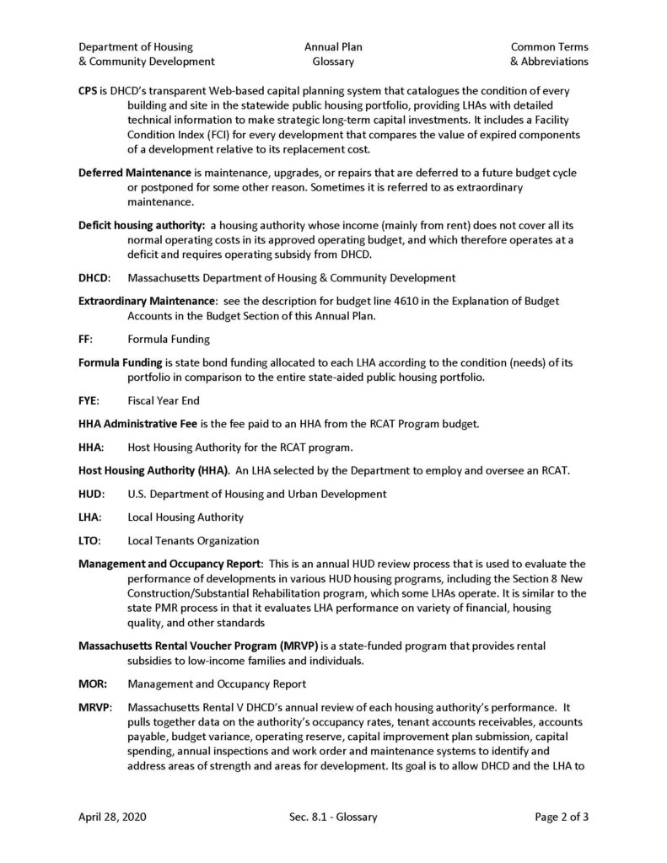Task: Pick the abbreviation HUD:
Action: (91, 493)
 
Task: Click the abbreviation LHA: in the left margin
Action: (90, 517)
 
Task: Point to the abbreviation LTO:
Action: (90, 540)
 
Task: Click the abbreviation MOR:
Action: (92, 683)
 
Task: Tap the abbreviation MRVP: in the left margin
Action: (94, 707)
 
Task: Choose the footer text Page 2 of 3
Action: (562, 817)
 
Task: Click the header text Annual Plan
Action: (334, 47)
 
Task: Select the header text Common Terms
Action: (550, 47)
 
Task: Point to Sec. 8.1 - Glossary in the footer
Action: (332, 817)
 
